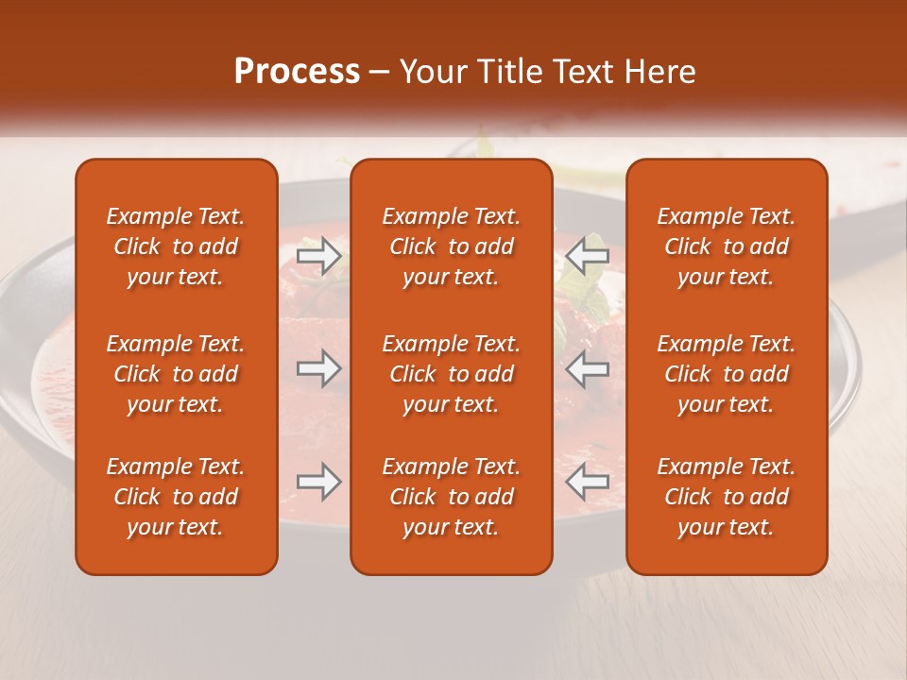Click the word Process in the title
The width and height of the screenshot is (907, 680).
(x=297, y=72)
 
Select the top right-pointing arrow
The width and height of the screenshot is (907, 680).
(x=319, y=256)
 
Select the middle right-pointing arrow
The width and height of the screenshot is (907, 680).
(x=319, y=368)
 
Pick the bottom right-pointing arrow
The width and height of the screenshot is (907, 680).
(x=319, y=482)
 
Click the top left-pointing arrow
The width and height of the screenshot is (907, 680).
(x=588, y=256)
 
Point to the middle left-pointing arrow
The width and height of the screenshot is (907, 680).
(x=588, y=368)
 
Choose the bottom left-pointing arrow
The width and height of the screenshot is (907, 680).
(x=588, y=482)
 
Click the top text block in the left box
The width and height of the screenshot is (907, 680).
(x=176, y=246)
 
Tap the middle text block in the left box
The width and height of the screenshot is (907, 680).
(x=176, y=374)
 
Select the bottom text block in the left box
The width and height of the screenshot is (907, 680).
(x=176, y=497)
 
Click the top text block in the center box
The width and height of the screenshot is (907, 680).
(x=452, y=246)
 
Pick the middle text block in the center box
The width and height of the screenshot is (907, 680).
(x=452, y=374)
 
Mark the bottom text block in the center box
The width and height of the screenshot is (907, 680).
(x=452, y=497)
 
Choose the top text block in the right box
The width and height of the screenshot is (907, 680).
(x=727, y=246)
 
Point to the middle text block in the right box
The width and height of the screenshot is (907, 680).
(x=727, y=374)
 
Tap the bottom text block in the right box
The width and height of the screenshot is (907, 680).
(x=727, y=497)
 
